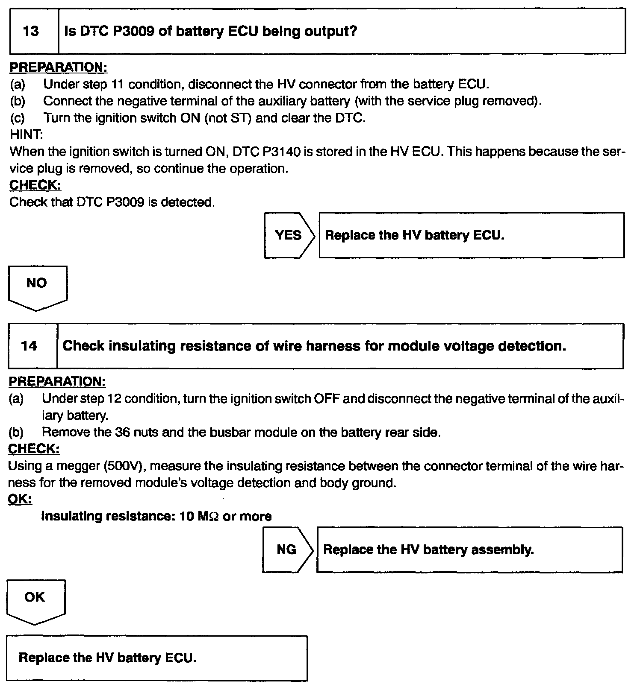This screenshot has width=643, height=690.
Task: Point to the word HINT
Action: point(26,135)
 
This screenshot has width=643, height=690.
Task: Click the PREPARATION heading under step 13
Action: point(59,67)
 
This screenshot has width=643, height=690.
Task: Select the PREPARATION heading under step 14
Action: point(57,381)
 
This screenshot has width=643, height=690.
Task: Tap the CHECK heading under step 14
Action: point(34,449)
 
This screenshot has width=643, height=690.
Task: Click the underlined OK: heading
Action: point(20,499)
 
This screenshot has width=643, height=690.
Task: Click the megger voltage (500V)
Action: point(124,466)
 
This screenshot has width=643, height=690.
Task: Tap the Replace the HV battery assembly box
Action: point(469,550)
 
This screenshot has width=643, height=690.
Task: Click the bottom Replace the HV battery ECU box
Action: point(156,658)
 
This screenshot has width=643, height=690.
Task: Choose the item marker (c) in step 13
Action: point(18,118)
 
